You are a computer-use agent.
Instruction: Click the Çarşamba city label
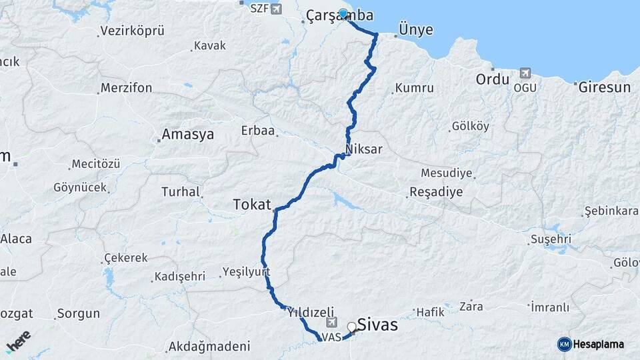point(339,15)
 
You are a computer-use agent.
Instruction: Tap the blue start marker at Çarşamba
point(343,13)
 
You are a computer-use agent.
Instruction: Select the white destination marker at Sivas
point(351,327)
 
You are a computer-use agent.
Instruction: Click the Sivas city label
point(377,325)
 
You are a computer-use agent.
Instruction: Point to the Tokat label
point(252,204)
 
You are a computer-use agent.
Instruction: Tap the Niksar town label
point(364,149)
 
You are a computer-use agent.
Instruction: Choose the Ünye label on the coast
point(415,29)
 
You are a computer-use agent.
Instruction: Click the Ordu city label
point(493,79)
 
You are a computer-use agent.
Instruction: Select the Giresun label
point(604,87)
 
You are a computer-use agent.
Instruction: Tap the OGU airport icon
point(525,73)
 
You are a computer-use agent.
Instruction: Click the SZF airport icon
point(275,9)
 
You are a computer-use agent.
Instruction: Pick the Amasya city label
point(188,134)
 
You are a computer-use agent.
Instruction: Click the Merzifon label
point(127,88)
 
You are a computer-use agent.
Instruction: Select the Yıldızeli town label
point(310,311)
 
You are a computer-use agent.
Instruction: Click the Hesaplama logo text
point(598,344)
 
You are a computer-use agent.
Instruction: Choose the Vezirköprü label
point(132,31)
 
